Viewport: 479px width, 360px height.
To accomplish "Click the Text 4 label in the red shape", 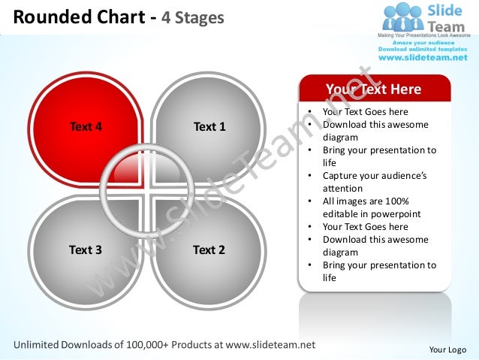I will click(86, 126).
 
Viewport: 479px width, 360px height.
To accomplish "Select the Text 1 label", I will click(209, 126).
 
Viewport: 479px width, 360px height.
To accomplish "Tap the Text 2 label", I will click(209, 250).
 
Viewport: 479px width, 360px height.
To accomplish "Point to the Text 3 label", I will click(86, 250).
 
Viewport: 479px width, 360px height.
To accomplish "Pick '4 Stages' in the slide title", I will click(200, 16).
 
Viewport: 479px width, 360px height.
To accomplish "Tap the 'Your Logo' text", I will click(447, 349).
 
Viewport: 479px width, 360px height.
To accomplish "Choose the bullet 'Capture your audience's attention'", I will click(374, 183).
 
